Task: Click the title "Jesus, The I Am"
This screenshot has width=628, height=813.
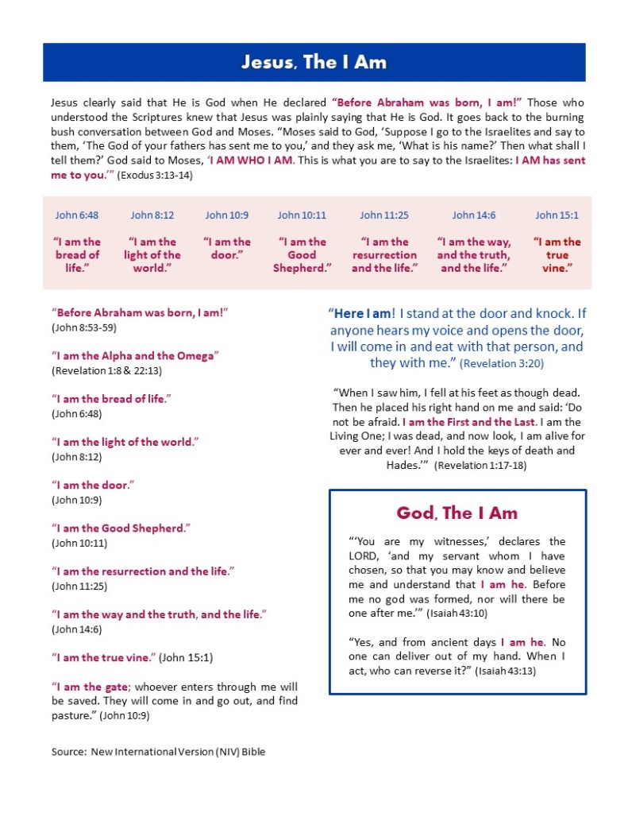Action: pyautogui.click(x=314, y=62)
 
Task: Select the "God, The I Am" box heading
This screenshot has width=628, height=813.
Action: pyautogui.click(x=457, y=513)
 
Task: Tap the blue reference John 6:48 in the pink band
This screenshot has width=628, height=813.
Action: pyautogui.click(x=77, y=215)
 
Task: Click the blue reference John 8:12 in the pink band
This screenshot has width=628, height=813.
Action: pyautogui.click(x=152, y=215)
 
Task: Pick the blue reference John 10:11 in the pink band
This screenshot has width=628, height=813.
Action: pyautogui.click(x=302, y=215)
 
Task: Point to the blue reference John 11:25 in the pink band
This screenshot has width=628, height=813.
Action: pyautogui.click(x=385, y=215)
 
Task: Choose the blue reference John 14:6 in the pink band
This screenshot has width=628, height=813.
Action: pyautogui.click(x=474, y=215)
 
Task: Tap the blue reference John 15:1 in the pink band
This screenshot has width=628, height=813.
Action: pyautogui.click(x=557, y=215)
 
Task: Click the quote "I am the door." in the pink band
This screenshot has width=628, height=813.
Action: pyautogui.click(x=227, y=248)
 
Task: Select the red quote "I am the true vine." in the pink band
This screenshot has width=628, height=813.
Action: pyautogui.click(x=557, y=255)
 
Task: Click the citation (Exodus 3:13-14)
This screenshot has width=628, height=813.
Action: pyautogui.click(x=154, y=175)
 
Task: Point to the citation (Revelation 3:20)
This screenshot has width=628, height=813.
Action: pyautogui.click(x=502, y=363)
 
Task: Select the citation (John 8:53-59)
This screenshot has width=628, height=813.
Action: pyautogui.click(x=85, y=327)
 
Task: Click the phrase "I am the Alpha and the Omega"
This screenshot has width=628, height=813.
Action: pyautogui.click(x=135, y=355)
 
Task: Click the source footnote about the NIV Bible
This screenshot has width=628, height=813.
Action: pyautogui.click(x=158, y=751)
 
